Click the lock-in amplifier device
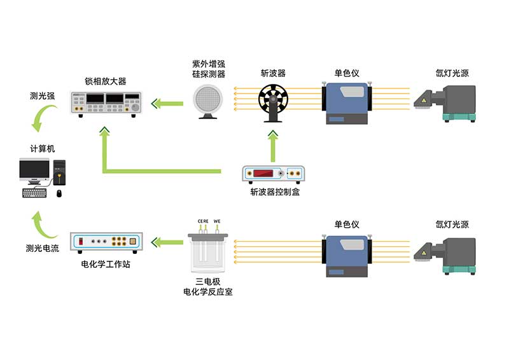106,102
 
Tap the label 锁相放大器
106,81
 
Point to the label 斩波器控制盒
275,192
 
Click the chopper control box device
274,174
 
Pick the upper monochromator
347,102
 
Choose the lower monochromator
347,254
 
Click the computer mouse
59,193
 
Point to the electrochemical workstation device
106,242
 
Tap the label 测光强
43,97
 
